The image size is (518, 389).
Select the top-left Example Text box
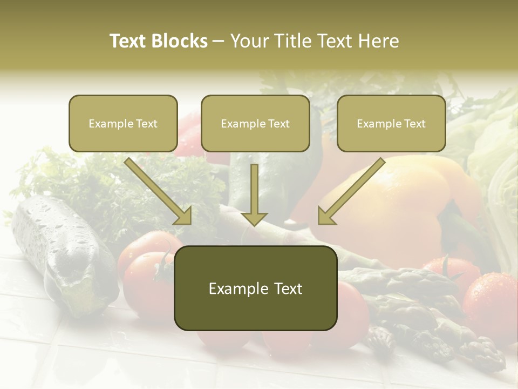pos(123,124)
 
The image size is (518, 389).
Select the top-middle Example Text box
pos(255,124)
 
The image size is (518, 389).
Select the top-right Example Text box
pos(391,124)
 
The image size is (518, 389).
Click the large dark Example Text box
pos(255,288)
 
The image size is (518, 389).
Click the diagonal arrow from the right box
pos(351,191)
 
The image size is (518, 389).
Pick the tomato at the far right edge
pos(491,300)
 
